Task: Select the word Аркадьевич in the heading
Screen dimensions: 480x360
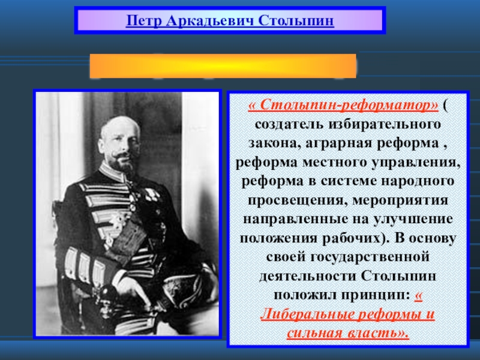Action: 211,21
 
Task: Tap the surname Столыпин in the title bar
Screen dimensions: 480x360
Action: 296,21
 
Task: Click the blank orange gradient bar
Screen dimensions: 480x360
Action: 223,66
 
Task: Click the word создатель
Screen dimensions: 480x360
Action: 289,124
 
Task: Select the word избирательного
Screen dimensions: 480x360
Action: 385,124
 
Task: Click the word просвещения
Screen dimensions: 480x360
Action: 297,200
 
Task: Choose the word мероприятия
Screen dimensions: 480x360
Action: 400,200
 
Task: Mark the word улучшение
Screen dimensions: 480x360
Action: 413,219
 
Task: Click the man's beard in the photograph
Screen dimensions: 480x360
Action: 122,163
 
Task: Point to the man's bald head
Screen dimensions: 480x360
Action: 120,125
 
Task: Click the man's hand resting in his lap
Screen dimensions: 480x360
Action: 132,289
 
